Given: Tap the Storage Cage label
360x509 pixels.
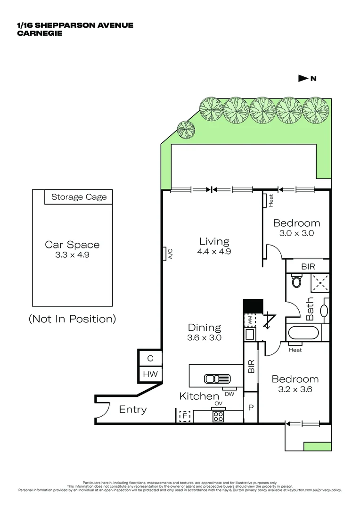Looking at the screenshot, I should (x=79, y=197).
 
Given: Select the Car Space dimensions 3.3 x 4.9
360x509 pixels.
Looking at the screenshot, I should (x=72, y=255).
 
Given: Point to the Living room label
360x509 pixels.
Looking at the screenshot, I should (x=214, y=241).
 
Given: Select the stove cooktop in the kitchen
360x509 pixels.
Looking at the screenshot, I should (x=219, y=416).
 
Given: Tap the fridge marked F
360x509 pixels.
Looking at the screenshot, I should (x=185, y=417).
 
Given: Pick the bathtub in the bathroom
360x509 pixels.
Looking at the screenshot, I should (x=303, y=333).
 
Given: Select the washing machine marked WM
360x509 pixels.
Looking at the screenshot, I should (x=250, y=319).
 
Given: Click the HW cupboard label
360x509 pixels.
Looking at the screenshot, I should (x=150, y=374).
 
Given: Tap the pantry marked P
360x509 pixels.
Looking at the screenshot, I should (x=251, y=406).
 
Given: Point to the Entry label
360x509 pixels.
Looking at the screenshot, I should (x=132, y=410).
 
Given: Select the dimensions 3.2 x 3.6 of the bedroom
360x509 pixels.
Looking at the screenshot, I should (x=295, y=389).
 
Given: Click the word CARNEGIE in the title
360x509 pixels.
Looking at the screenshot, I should (x=40, y=33).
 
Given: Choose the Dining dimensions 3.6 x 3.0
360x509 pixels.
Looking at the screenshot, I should (x=205, y=337).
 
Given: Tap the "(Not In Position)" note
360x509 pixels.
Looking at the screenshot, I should (x=72, y=319).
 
